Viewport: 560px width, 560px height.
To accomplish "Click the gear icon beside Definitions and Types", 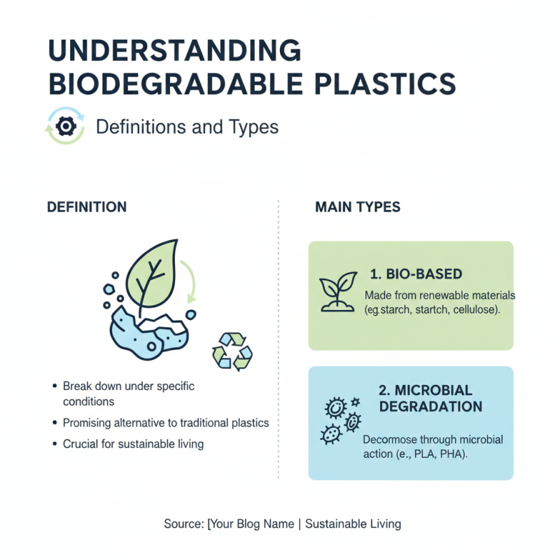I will (x=65, y=126).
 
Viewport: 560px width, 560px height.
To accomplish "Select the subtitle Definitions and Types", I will (x=186, y=127).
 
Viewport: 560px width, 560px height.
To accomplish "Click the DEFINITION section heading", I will (x=87, y=207).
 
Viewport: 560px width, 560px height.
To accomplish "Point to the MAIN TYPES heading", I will (x=358, y=207).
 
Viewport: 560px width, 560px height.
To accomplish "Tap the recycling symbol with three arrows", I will (x=232, y=350).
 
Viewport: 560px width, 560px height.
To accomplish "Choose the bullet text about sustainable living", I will (x=133, y=444).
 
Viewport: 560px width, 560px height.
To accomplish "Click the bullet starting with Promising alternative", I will (x=165, y=423).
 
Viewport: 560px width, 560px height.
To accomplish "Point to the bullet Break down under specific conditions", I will (x=128, y=394).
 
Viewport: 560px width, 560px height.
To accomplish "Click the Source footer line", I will (x=282, y=524).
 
